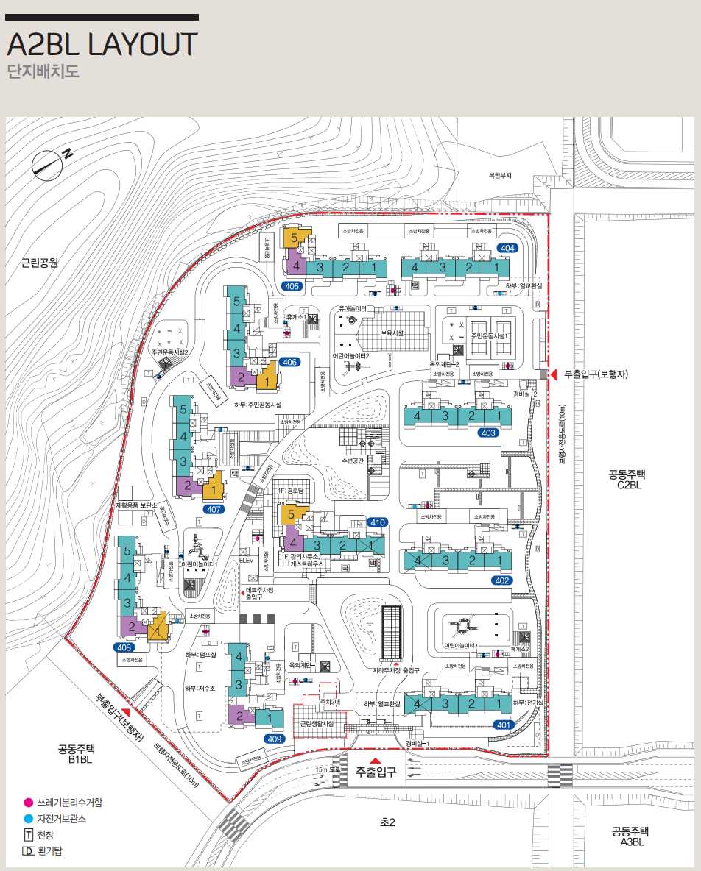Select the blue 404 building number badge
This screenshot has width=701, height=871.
(x=507, y=248)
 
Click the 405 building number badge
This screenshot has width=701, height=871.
(x=292, y=286)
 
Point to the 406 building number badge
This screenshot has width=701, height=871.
(x=289, y=362)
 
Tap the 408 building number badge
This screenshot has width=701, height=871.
(x=124, y=647)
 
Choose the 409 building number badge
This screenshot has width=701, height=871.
(x=275, y=738)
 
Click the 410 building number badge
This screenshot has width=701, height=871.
(x=378, y=522)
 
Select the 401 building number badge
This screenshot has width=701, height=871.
(x=503, y=725)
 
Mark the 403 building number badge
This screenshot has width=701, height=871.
(x=488, y=433)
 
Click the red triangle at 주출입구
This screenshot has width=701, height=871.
(x=376, y=761)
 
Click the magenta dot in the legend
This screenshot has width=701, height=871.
(x=28, y=802)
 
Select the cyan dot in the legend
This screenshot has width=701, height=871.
(x=28, y=818)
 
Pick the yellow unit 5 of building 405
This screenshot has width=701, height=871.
(x=295, y=238)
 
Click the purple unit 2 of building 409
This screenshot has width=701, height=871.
(x=240, y=715)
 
